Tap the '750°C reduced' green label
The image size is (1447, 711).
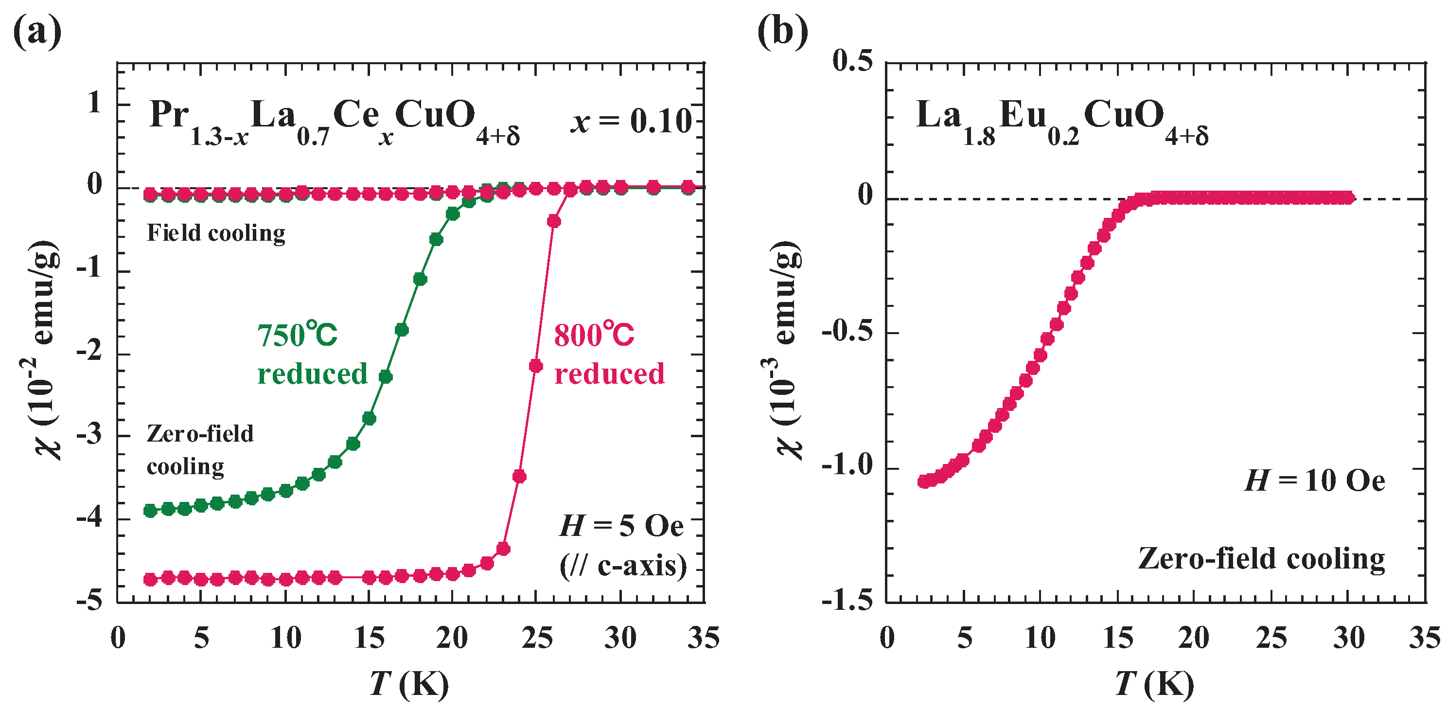pos(312,354)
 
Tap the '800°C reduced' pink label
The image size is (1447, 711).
pos(609,354)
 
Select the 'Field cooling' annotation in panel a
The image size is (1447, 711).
pos(216,232)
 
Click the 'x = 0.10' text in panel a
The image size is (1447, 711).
pos(631,120)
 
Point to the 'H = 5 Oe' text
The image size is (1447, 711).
pos(621,526)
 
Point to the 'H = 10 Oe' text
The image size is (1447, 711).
pos(1314,480)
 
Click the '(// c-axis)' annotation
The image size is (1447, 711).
pos(623,566)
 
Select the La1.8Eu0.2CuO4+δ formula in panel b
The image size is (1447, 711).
pos(1061,121)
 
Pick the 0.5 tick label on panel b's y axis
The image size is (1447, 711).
pos(853,61)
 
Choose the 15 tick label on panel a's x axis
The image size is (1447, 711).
pos(369,638)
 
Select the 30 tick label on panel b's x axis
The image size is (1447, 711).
pos(1348,638)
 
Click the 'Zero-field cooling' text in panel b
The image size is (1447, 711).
pos(1261,559)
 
